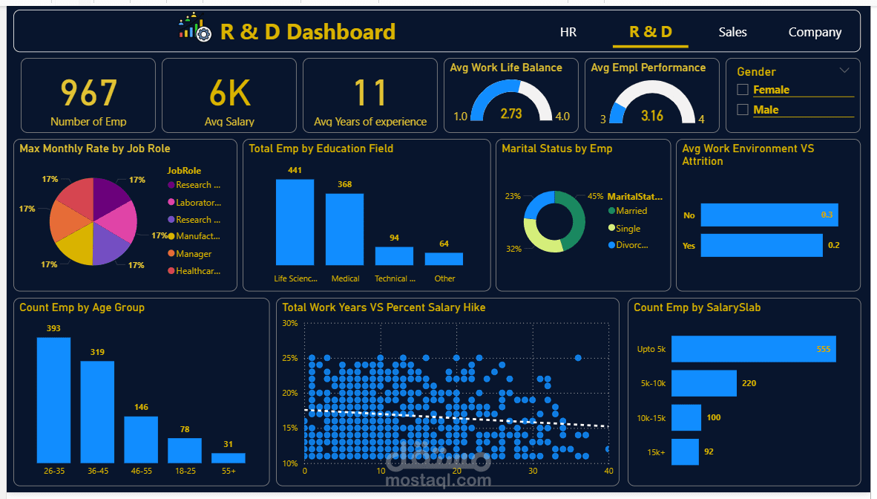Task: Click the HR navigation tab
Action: point(568,32)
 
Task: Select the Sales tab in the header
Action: point(732,32)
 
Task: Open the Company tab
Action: point(815,32)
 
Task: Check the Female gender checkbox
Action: point(743,90)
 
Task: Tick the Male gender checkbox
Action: point(743,110)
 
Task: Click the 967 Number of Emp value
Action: point(88,94)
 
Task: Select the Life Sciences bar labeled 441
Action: point(295,222)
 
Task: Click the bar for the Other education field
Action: point(444,258)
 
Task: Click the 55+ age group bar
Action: point(228,458)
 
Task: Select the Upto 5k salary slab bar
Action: point(753,349)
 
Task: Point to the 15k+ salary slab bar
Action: point(685,451)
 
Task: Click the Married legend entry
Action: point(631,211)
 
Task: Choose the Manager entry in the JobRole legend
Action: point(193,254)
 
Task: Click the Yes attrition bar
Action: point(761,245)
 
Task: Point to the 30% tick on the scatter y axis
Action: point(290,324)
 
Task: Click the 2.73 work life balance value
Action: point(511,114)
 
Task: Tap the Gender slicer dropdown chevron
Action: point(844,71)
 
